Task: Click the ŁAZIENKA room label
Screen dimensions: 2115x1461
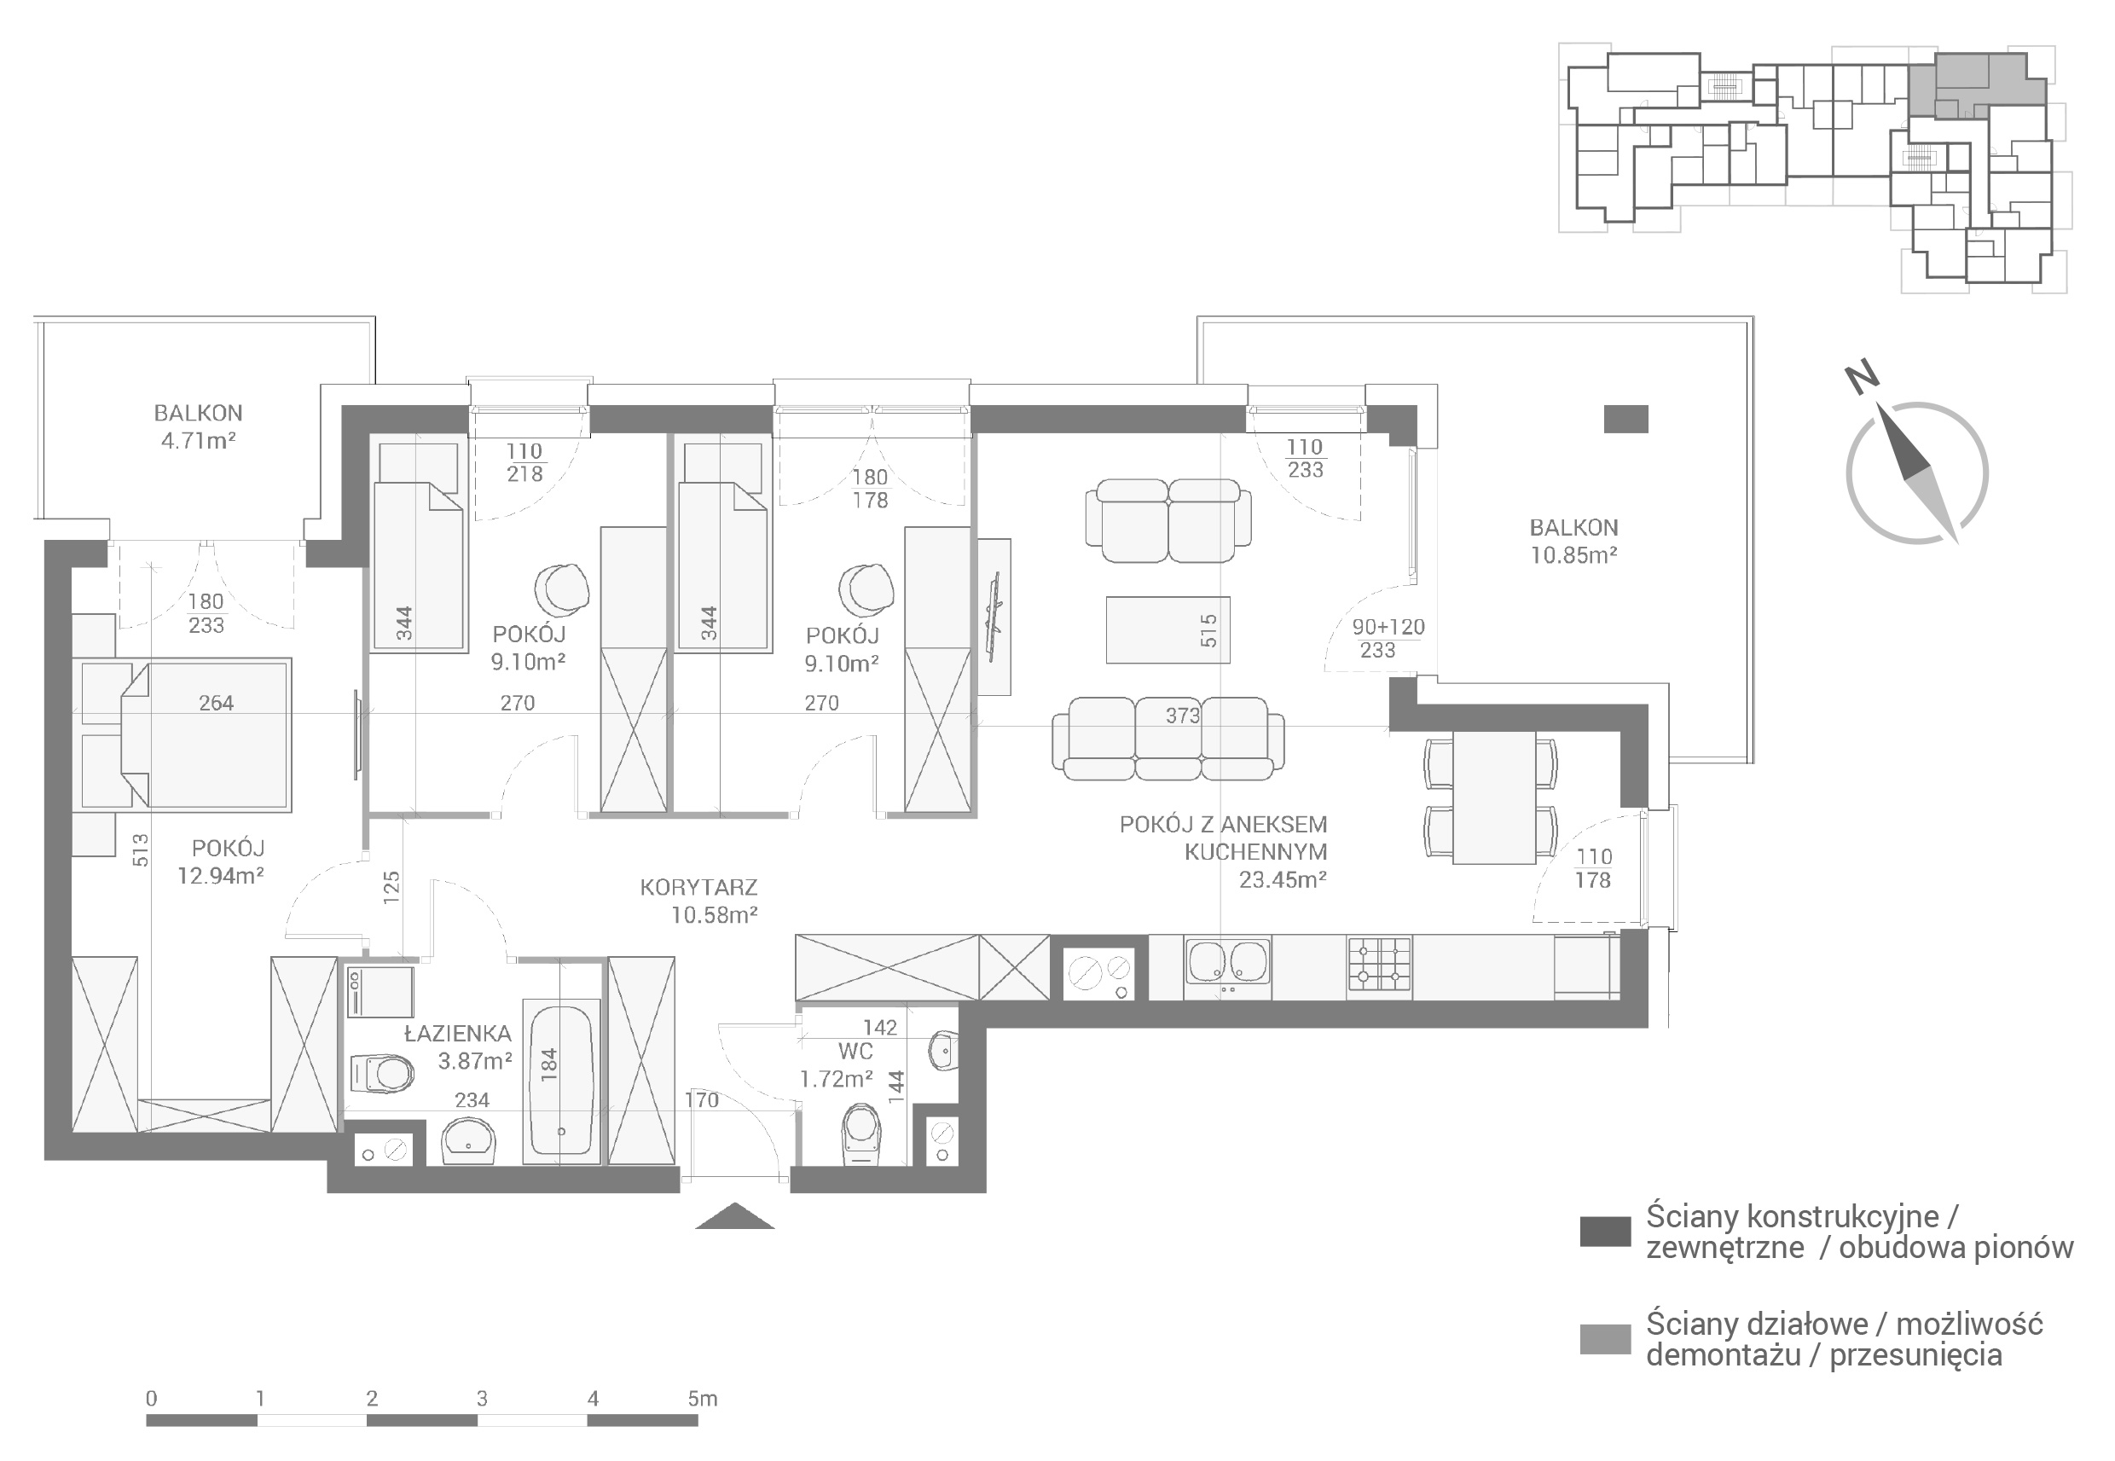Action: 458,1034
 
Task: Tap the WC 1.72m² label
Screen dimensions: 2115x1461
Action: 837,1065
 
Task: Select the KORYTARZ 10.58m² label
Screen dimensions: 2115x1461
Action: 699,901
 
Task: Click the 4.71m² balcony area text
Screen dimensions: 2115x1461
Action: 199,441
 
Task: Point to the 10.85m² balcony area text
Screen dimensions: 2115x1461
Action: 1573,554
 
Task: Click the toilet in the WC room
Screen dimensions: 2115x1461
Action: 861,1133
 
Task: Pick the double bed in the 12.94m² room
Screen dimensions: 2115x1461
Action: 186,734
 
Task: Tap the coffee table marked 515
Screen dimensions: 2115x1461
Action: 1168,629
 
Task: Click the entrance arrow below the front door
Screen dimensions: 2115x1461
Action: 735,1215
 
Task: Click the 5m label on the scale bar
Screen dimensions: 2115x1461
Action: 703,1399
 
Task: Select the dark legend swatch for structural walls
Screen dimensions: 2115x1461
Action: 1605,1232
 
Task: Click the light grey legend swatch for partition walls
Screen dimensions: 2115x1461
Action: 1605,1339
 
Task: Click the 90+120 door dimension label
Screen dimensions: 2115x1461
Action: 1388,627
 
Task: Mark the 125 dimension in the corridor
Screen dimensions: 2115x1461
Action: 391,888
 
